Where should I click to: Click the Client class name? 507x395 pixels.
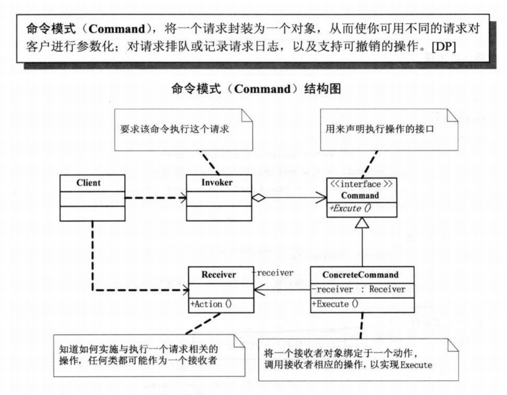[x=88, y=182]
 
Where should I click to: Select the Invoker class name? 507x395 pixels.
[x=217, y=182]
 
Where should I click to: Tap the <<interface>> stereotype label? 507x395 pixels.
[x=361, y=184]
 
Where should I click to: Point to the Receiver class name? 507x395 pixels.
[x=219, y=274]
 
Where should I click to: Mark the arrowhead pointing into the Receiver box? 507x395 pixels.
[x=257, y=290]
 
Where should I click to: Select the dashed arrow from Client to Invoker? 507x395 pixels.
[x=155, y=198]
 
